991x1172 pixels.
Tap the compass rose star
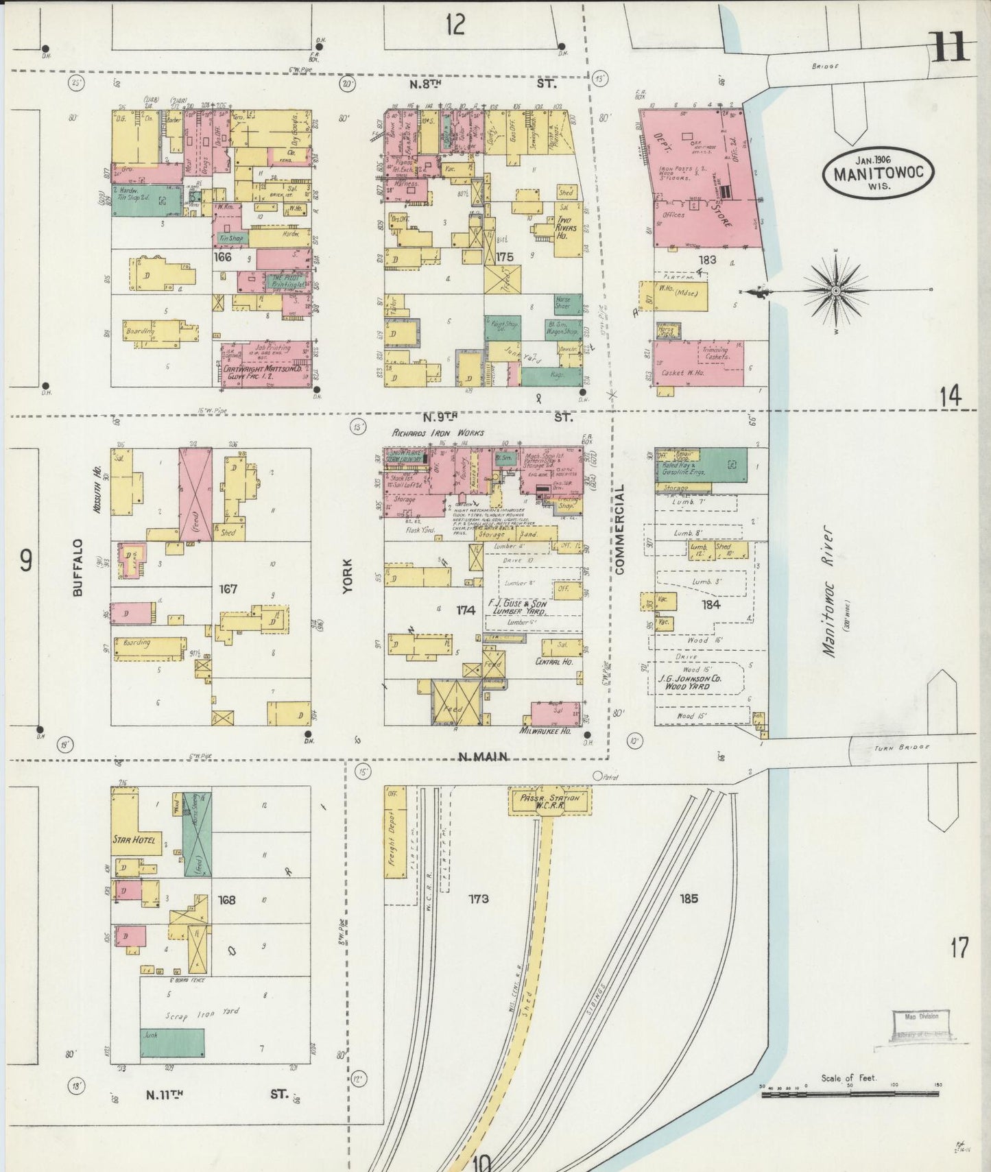[x=836, y=291]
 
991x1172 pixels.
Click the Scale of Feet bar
[x=850, y=1095]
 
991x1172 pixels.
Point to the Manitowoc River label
[x=831, y=591]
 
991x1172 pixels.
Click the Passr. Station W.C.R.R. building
[x=550, y=802]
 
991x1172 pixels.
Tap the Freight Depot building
[x=395, y=833]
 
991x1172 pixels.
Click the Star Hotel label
[x=134, y=840]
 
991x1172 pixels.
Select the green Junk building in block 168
[x=172, y=1043]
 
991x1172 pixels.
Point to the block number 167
[x=228, y=589]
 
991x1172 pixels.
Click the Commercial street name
[x=620, y=529]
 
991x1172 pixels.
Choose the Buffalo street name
[x=77, y=567]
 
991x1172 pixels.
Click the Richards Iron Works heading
[x=438, y=433]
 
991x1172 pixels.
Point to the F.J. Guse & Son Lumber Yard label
[x=518, y=606]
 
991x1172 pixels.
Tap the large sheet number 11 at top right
[x=951, y=48]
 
